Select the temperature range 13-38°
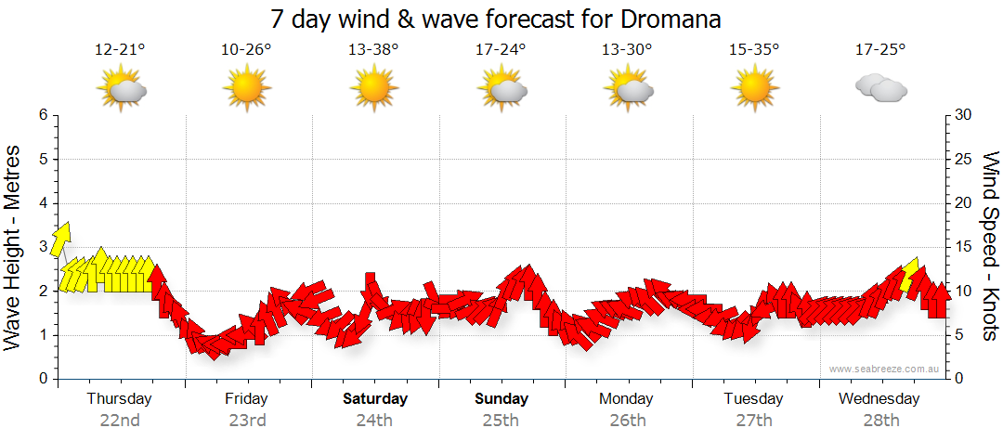[373, 50]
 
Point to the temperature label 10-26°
[246, 50]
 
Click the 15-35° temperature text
[753, 50]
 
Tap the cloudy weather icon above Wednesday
[880, 88]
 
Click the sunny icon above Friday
[246, 89]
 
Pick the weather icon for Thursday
[121, 89]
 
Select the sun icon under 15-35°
[753, 89]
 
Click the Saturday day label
[375, 399]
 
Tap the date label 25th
[501, 420]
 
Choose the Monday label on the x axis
[626, 399]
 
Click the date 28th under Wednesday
[879, 420]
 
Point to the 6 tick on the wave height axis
[43, 115]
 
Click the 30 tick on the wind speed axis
[963, 115]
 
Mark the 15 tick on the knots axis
[963, 247]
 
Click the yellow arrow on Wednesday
[909, 275]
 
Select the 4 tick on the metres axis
[43, 203]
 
